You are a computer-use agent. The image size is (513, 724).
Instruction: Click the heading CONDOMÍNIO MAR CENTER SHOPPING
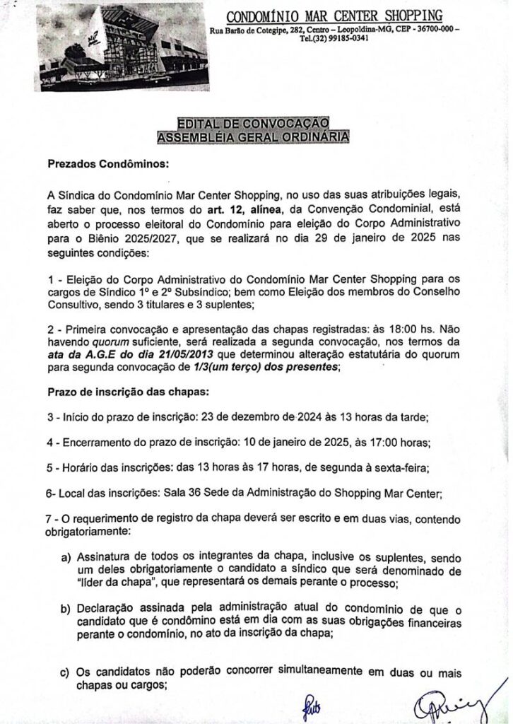(x=334, y=16)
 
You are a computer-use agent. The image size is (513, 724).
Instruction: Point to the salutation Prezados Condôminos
(x=109, y=165)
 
